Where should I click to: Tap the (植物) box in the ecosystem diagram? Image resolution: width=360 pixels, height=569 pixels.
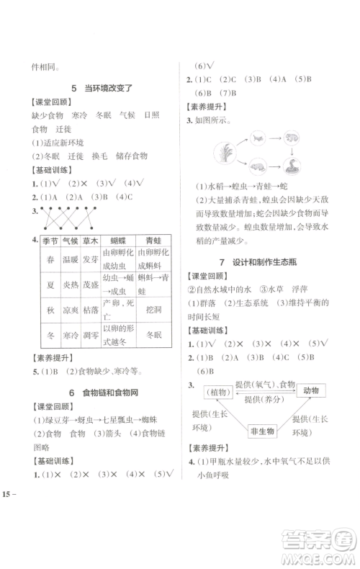pyautogui.click(x=215, y=392)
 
